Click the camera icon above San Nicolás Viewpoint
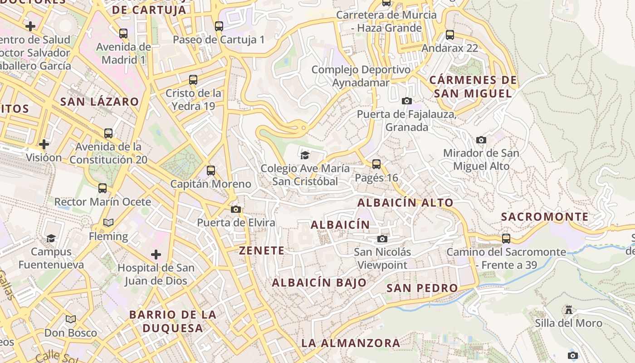coord(382,239)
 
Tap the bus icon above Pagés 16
coord(376,164)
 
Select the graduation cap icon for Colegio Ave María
coord(305,155)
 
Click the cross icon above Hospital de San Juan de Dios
coord(156,255)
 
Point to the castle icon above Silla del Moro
coord(568,310)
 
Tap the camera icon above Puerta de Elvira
coord(236,209)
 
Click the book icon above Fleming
coord(108,223)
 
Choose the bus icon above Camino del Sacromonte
coord(506,239)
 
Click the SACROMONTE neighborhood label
coord(545,217)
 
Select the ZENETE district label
coord(262,250)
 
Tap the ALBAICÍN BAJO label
coord(319,283)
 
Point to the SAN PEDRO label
coord(422,288)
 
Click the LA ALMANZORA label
coord(351,343)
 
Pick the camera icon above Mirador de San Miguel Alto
coord(481,140)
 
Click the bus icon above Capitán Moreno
coord(211,171)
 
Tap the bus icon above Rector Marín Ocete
coord(103,188)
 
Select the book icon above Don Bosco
coord(71,319)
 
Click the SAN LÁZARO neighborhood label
coord(99,102)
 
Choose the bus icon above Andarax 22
coord(450,35)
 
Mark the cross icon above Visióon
coord(44,144)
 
